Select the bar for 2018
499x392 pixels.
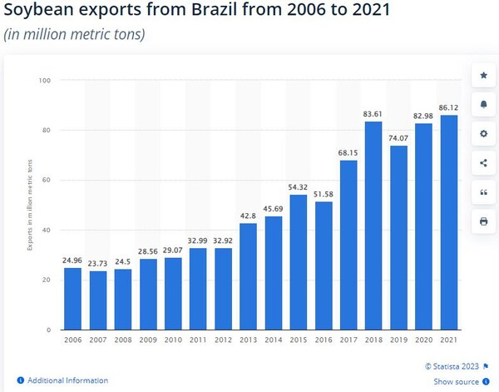pyautogui.click(x=373, y=226)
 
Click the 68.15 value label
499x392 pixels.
pyautogui.click(x=348, y=151)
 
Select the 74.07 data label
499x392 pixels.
pyautogui.click(x=398, y=137)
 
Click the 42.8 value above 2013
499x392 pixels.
pyautogui.click(x=248, y=216)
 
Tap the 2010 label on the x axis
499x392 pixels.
pyautogui.click(x=173, y=341)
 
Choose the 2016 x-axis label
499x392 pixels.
pyautogui.click(x=323, y=341)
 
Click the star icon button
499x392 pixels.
pyautogui.click(x=483, y=76)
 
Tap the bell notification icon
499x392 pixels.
pyautogui.click(x=483, y=105)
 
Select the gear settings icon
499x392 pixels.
pyautogui.click(x=483, y=134)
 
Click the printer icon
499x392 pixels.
pyautogui.click(x=483, y=221)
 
